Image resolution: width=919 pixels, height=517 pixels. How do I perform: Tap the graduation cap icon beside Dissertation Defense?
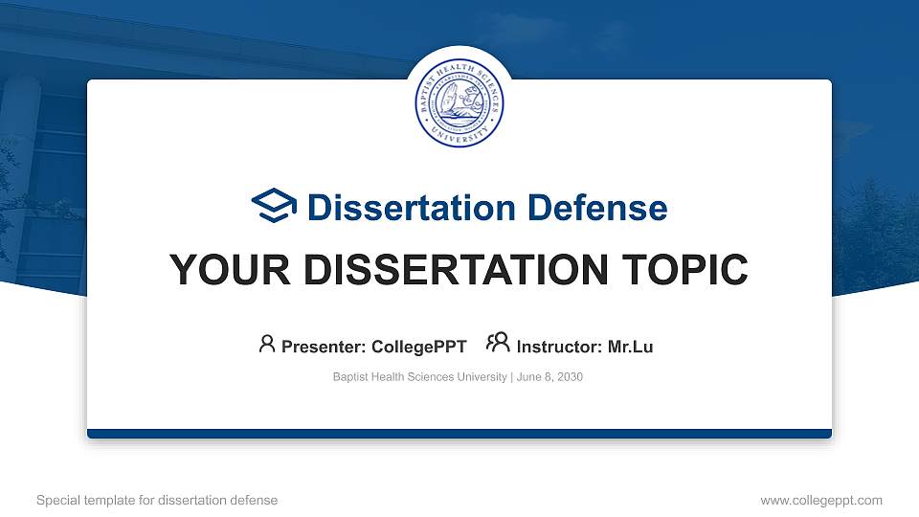pos(275,207)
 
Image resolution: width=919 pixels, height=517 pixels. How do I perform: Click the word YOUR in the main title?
pos(220,270)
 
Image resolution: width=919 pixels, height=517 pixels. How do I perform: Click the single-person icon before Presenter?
pos(267,344)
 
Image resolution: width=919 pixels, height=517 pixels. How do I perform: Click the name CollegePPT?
pos(419,347)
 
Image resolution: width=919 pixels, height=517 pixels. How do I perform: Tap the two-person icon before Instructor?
pos(498,344)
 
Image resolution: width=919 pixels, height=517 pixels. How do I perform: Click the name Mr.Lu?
pos(631,347)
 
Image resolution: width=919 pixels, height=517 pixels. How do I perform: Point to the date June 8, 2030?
pos(549,377)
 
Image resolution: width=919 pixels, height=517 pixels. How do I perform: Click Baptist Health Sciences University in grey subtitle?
pos(419,377)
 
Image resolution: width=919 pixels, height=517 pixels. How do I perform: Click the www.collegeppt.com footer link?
pos(821,500)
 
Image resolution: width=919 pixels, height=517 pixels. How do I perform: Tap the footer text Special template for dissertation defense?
pos(157,500)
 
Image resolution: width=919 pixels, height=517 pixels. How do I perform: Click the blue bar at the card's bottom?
pos(459,434)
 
